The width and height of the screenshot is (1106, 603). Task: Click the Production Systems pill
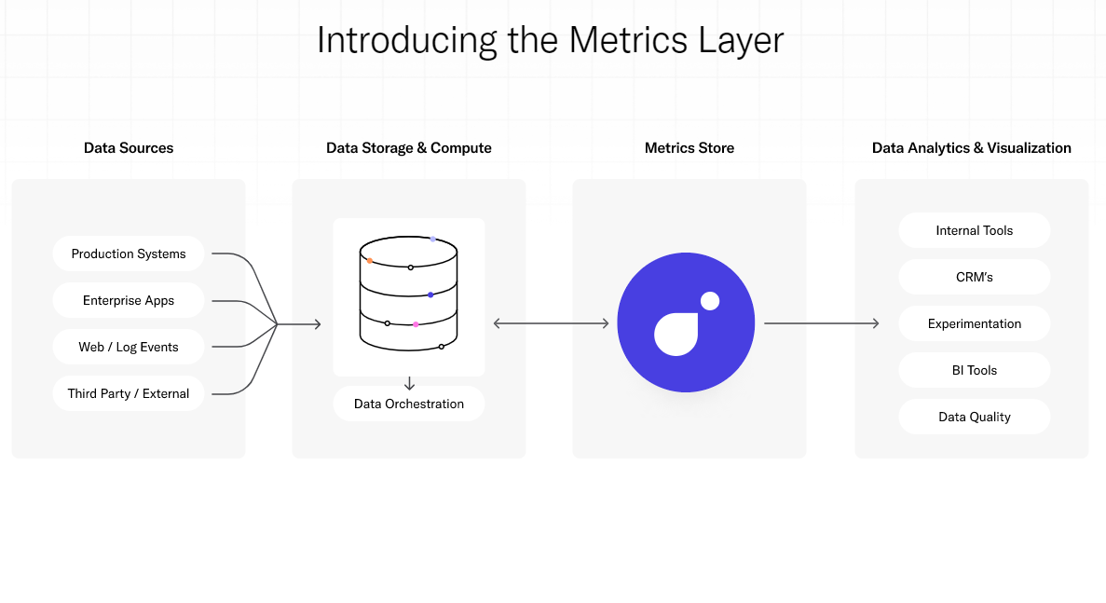(129, 254)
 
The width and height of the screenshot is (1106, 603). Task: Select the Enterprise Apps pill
(129, 300)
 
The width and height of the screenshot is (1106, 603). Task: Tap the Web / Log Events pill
(129, 347)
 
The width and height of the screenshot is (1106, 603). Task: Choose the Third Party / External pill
(129, 393)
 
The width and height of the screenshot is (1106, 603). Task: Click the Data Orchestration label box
(409, 404)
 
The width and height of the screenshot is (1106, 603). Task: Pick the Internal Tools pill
(974, 230)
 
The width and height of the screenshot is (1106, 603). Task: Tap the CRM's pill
(974, 277)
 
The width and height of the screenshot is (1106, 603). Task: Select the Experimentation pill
(974, 323)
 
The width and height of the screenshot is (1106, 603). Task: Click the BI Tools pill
(974, 370)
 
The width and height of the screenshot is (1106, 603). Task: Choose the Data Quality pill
(974, 417)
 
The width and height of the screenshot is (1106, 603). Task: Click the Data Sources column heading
(129, 148)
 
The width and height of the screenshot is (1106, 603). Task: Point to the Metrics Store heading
(690, 148)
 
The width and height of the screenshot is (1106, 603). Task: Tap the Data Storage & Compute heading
(409, 148)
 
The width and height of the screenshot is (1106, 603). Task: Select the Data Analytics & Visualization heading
(971, 148)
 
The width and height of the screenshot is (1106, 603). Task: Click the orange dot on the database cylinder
(370, 261)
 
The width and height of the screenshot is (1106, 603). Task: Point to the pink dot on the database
(416, 324)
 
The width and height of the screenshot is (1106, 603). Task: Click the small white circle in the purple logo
(710, 301)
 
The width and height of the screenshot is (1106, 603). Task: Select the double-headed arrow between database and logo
(552, 323)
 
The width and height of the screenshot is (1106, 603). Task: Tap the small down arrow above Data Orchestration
(409, 384)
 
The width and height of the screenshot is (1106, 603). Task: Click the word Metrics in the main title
(628, 40)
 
